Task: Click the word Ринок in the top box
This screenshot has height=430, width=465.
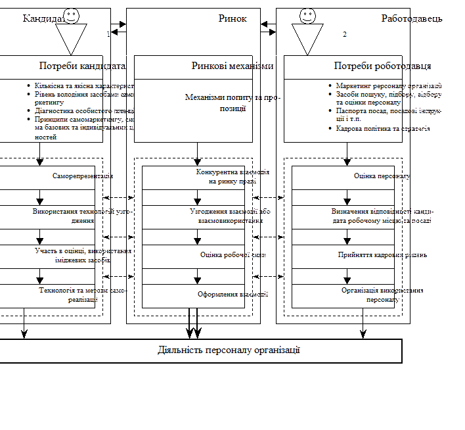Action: [232, 18]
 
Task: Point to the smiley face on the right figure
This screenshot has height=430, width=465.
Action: [307, 16]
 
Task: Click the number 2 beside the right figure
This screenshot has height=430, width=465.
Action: [344, 34]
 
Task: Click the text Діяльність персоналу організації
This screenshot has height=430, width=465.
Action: [229, 350]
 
